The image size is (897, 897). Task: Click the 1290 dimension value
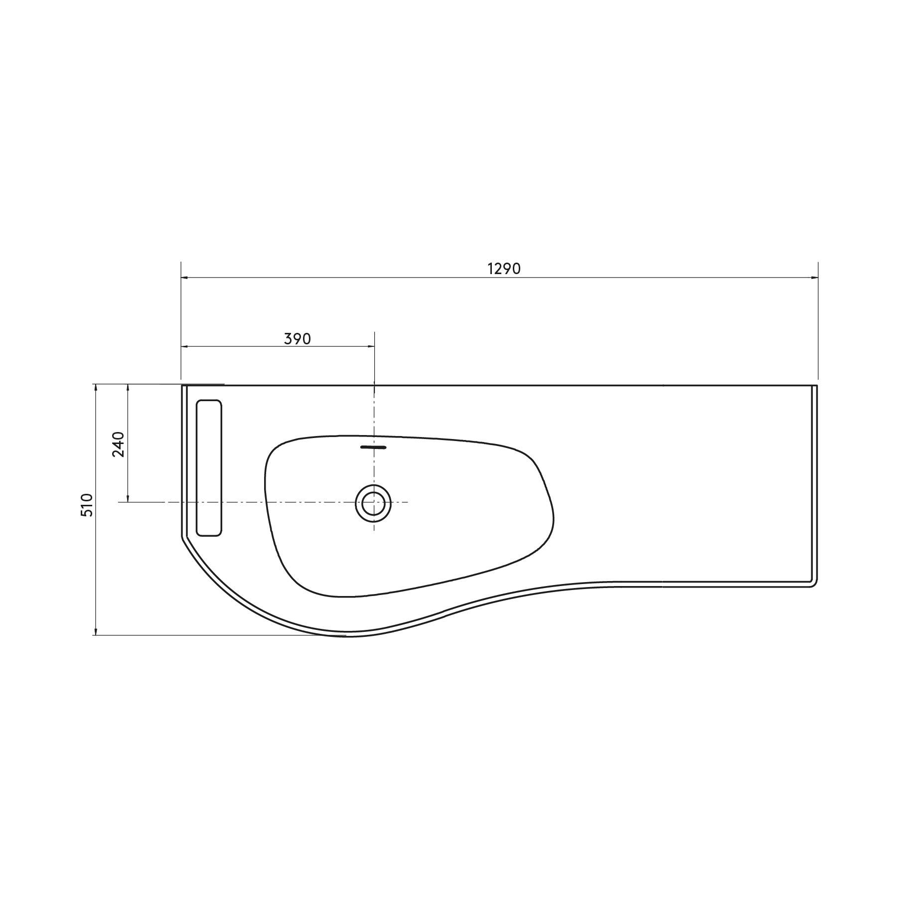click(504, 269)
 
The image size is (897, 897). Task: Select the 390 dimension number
click(298, 339)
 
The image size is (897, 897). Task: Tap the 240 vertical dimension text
click(118, 444)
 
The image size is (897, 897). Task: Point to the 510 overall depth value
click(87, 505)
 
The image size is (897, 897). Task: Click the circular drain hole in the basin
click(373, 503)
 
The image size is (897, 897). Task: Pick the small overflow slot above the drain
click(373, 448)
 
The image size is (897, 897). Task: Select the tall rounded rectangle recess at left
click(209, 467)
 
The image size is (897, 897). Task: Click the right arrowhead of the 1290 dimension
click(815, 278)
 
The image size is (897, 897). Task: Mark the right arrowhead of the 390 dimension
click(371, 346)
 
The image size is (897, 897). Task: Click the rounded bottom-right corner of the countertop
click(814, 584)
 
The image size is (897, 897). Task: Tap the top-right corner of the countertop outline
click(817, 386)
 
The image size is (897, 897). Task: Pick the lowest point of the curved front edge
click(347, 636)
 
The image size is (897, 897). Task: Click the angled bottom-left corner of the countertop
click(182, 537)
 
